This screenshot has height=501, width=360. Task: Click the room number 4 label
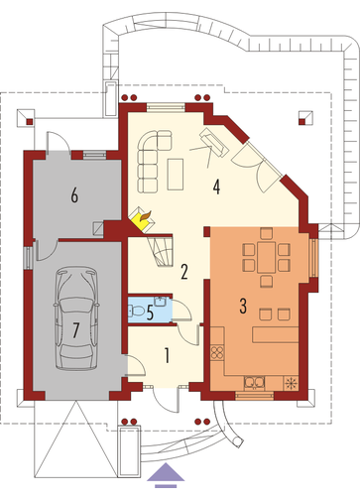(x=216, y=188)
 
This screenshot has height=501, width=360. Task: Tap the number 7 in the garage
(x=76, y=330)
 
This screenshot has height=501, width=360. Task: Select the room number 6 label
(x=74, y=195)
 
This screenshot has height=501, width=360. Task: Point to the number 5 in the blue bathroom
(x=150, y=313)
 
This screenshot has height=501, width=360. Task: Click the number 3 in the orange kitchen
(x=243, y=306)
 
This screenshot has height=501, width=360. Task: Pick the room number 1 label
(x=168, y=356)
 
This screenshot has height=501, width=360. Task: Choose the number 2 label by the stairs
(x=184, y=272)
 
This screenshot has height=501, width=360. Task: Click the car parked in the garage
(x=76, y=318)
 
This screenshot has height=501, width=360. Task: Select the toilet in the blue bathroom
(x=136, y=311)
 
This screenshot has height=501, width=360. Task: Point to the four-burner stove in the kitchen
(x=217, y=352)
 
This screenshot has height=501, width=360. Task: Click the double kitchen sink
(x=254, y=383)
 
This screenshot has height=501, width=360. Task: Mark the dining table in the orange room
(x=266, y=257)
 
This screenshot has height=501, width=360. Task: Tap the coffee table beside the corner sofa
(x=176, y=175)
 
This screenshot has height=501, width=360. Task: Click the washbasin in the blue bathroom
(x=161, y=302)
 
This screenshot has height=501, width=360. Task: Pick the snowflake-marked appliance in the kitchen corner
(x=292, y=383)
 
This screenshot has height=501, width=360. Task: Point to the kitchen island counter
(x=276, y=334)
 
